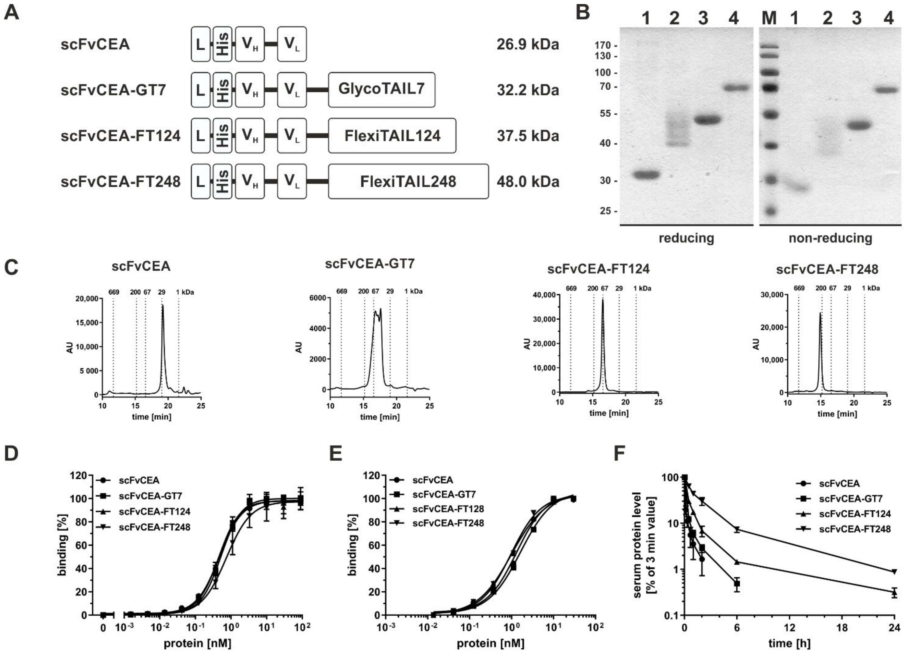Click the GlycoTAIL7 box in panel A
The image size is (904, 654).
tap(381, 90)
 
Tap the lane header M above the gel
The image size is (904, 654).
tap(769, 18)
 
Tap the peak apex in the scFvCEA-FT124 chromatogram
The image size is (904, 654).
tap(603, 300)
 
